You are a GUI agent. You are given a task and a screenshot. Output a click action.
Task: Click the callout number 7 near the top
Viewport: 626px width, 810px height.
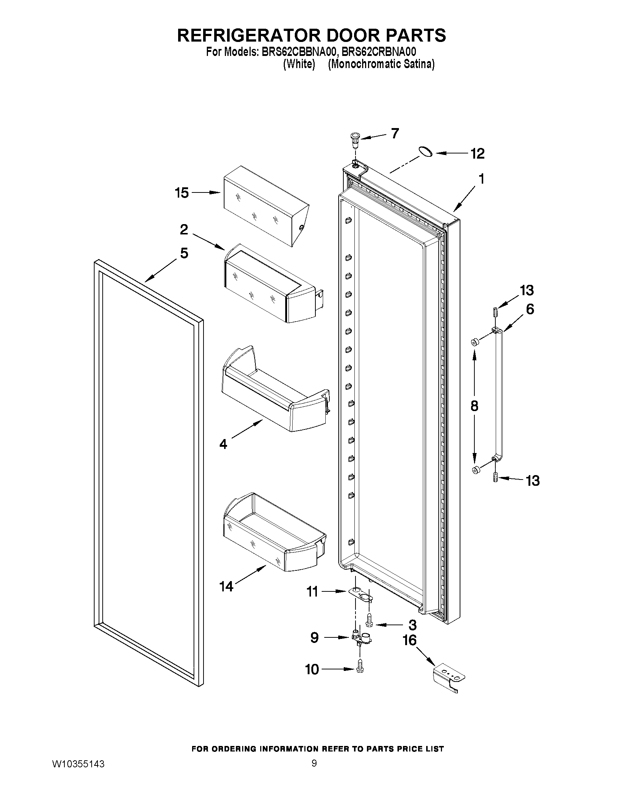pos(395,133)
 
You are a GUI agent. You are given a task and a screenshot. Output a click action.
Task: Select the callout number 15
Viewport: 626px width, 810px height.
pos(182,193)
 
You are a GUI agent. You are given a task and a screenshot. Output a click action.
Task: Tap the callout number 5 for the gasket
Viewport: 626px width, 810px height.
pos(184,253)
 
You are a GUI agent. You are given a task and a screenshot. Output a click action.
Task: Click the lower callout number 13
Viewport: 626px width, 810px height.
pos(533,481)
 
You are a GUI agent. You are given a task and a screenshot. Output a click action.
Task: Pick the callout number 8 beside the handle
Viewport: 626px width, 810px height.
pos(474,406)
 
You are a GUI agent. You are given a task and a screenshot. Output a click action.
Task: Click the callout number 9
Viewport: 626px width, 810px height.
pos(314,637)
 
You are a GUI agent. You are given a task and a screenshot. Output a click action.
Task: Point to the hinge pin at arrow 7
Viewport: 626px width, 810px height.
pos(355,141)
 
